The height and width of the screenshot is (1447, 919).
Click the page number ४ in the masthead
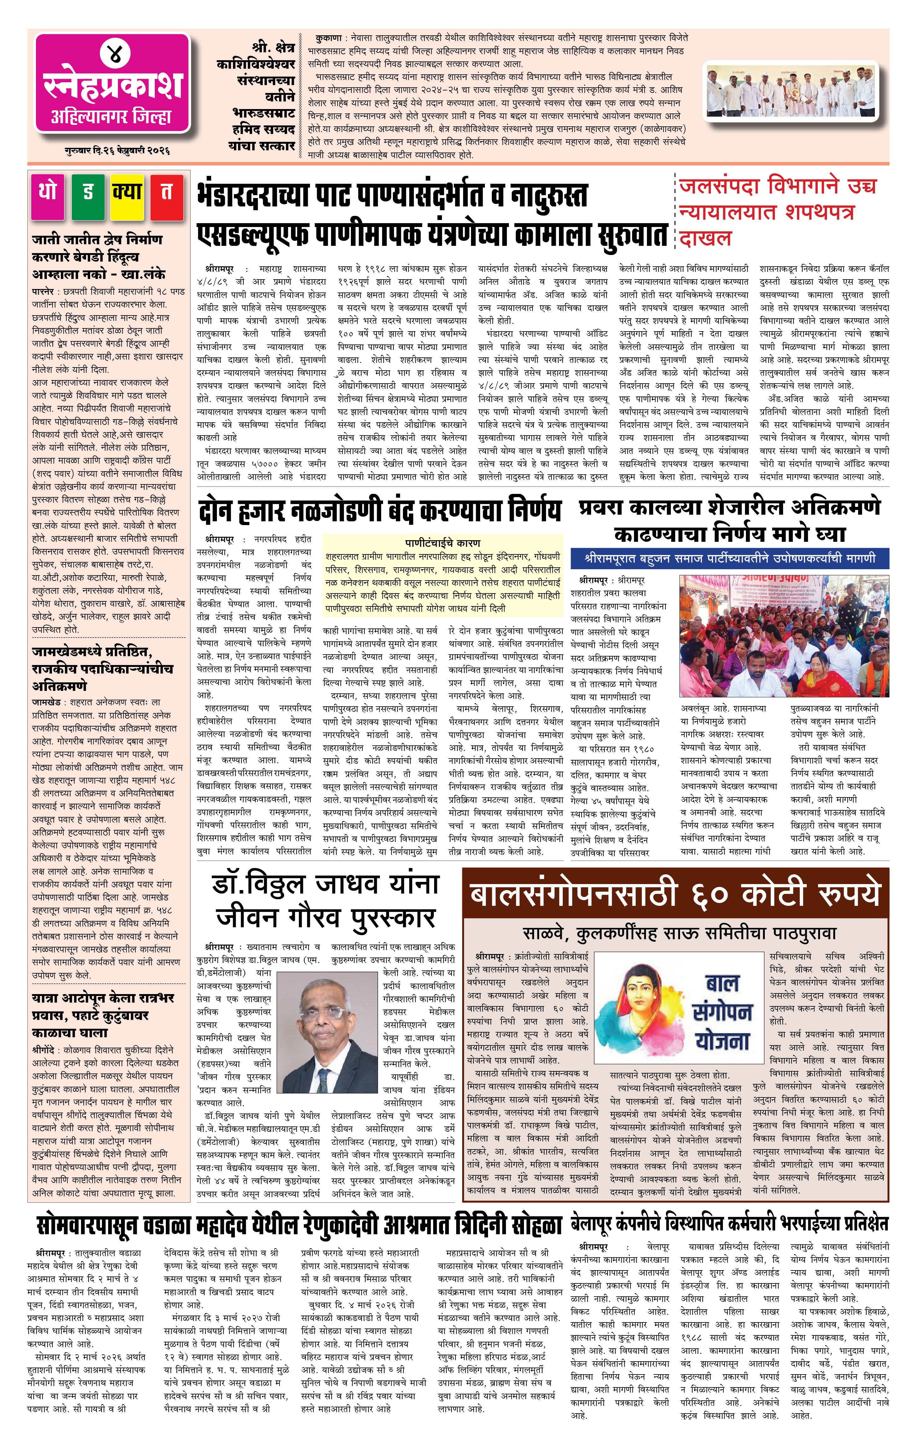pyautogui.click(x=113, y=54)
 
